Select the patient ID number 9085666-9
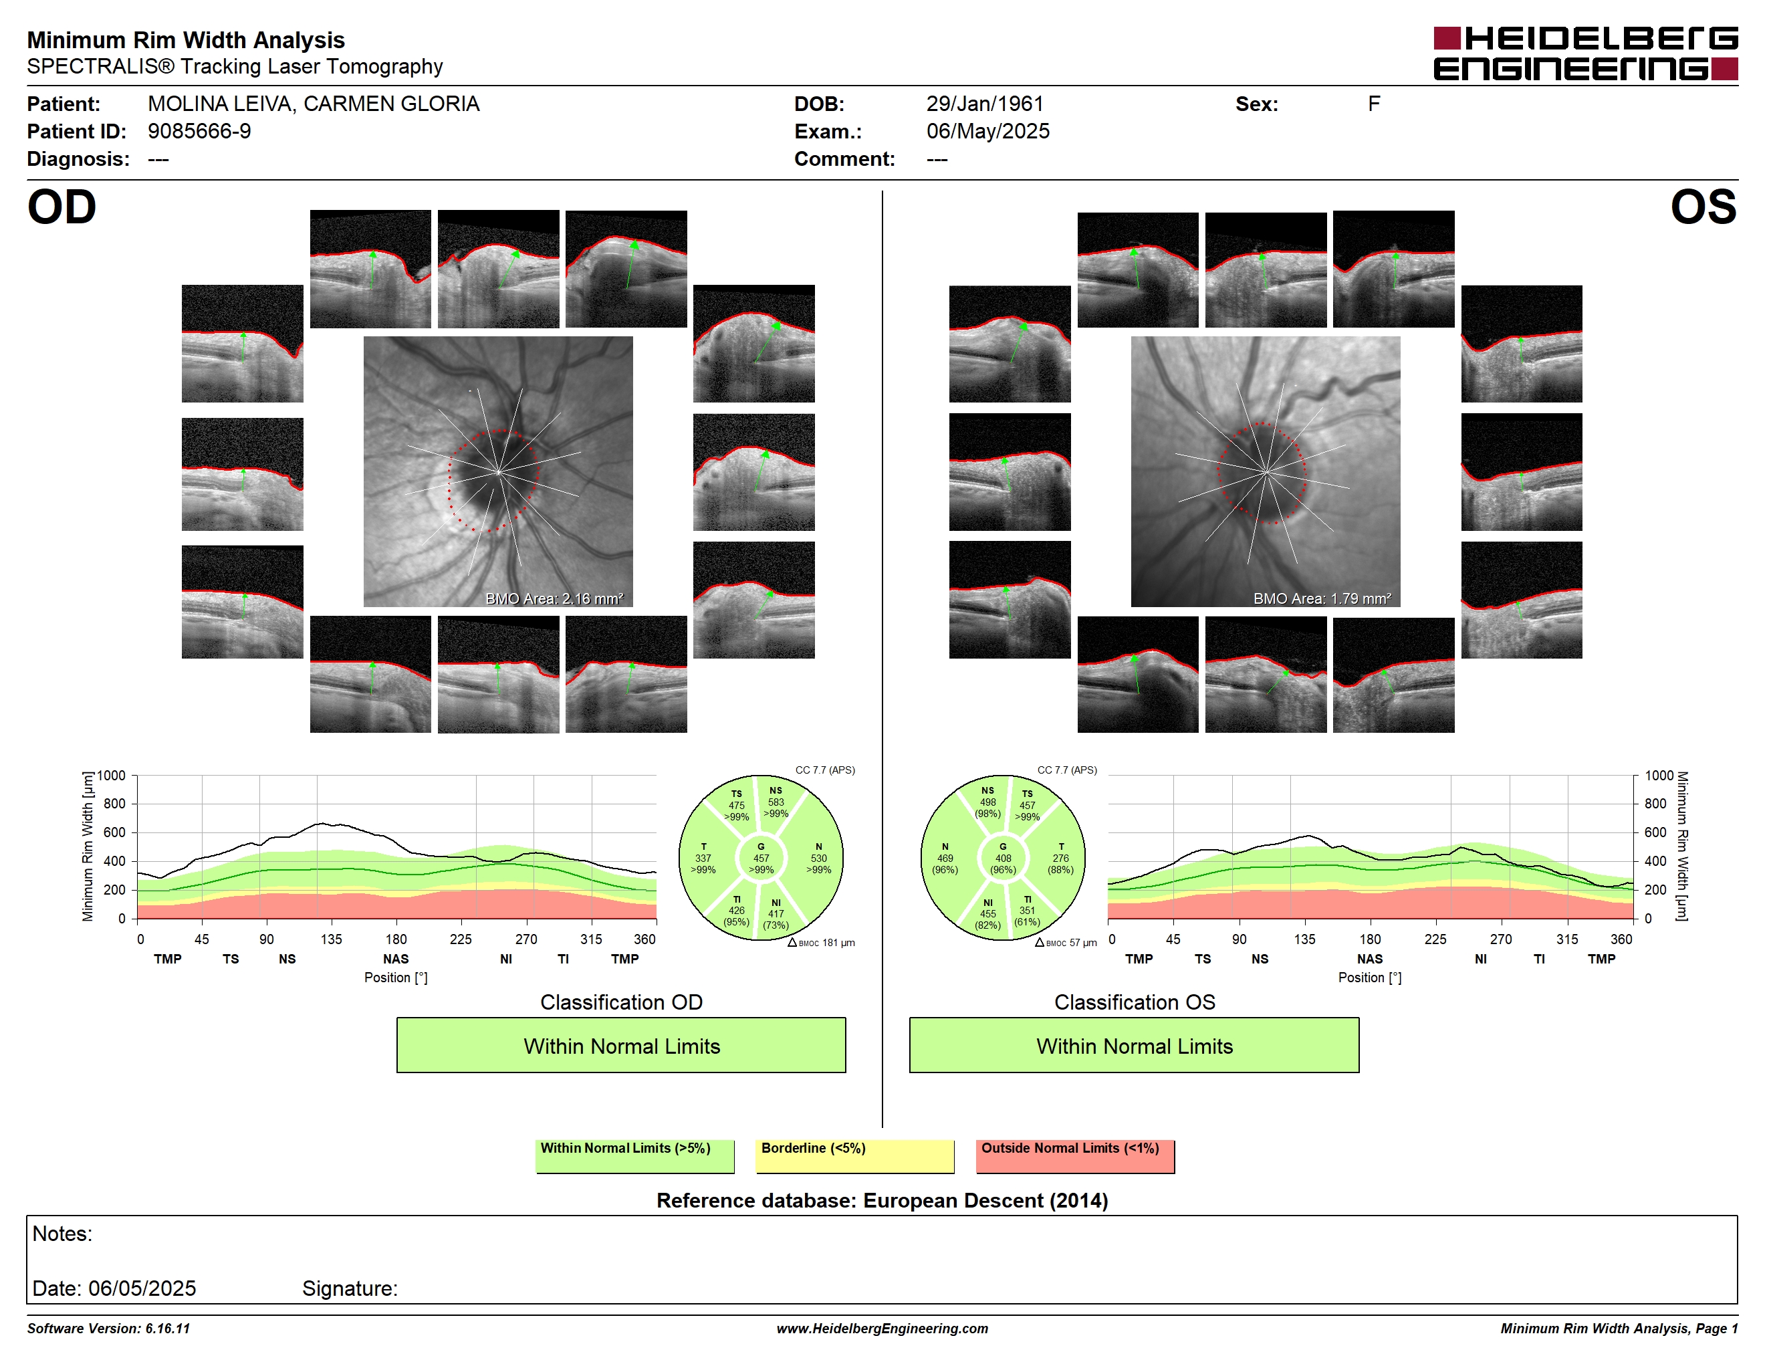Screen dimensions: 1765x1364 (199, 132)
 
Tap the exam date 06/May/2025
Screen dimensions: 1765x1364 (987, 132)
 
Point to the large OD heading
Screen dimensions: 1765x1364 (62, 208)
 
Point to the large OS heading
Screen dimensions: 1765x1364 (1703, 208)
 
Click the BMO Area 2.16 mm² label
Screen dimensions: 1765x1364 (554, 599)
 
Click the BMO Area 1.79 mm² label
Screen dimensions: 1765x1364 (1322, 599)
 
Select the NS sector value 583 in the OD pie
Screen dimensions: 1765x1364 (776, 802)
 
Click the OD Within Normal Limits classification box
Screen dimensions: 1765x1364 (620, 1046)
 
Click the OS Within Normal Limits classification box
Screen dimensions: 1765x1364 (1134, 1046)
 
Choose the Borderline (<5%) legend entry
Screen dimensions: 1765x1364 (855, 1155)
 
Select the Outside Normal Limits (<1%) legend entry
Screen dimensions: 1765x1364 (1075, 1155)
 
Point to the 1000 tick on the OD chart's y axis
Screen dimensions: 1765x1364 (112, 776)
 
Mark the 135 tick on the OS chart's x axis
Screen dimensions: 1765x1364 (1304, 939)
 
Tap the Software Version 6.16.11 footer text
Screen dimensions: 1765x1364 (108, 1329)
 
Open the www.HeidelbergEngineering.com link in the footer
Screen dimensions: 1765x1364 (882, 1329)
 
